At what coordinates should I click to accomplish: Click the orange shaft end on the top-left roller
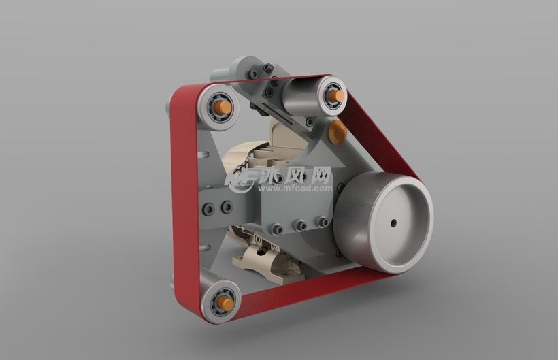[x=223, y=107]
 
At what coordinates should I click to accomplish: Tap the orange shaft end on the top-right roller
[x=338, y=95]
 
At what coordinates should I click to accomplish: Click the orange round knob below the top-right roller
[x=337, y=133]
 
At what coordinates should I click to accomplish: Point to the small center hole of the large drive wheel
[x=393, y=223]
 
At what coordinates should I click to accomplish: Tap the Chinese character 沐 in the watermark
[x=267, y=175]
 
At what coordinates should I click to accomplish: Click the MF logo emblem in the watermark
[x=242, y=178]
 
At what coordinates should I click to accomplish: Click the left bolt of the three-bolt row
[x=277, y=229]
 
